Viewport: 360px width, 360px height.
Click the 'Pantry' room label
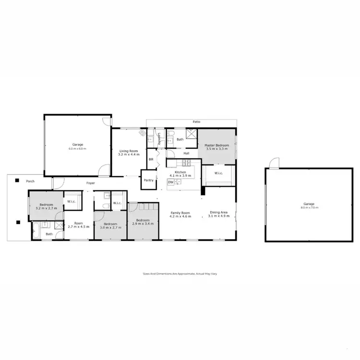[149, 180]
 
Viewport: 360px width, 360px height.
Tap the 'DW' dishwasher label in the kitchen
[170, 182]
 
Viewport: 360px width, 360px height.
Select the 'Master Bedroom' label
[216, 145]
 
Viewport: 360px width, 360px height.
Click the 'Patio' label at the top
[196, 122]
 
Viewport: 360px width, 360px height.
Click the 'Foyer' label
[90, 183]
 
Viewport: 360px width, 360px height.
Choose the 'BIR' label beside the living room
[151, 159]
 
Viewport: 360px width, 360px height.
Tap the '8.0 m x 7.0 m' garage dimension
[309, 207]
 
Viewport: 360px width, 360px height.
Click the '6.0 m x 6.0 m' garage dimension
[78, 149]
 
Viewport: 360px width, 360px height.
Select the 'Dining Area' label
[218, 213]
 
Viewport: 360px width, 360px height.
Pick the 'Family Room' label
[180, 213]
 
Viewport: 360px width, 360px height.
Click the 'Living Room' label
[129, 151]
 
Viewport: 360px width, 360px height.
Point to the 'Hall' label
[186, 154]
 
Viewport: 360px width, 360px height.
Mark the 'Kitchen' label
[180, 172]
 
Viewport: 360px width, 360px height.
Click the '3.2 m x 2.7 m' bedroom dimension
[46, 208]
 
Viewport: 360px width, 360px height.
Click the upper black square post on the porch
[17, 180]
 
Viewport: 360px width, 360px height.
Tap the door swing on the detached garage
[274, 163]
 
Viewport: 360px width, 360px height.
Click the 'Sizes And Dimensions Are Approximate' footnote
[180, 274]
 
